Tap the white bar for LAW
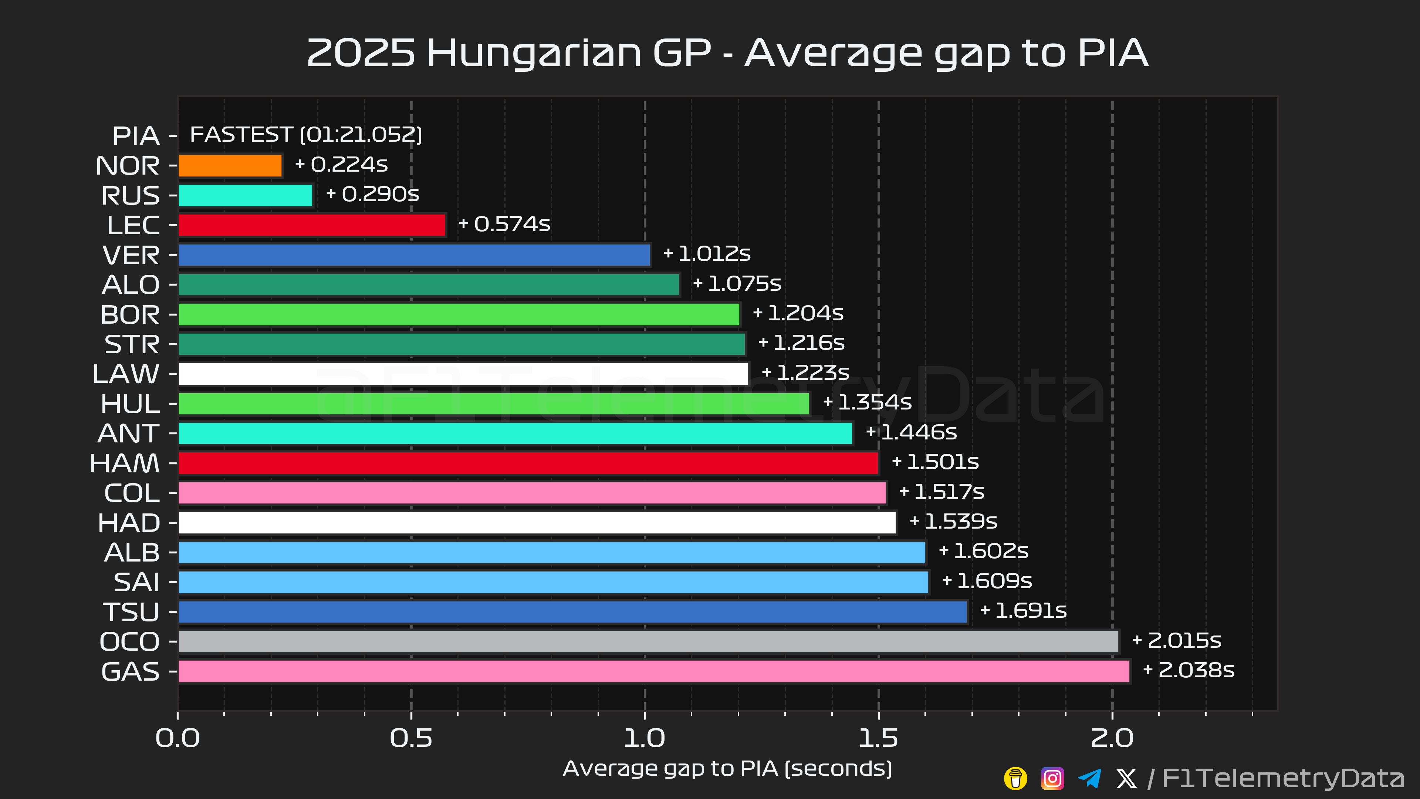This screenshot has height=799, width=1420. point(463,374)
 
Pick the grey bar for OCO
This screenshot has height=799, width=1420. point(648,641)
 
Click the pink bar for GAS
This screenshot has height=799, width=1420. point(654,671)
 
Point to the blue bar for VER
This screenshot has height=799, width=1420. point(414,255)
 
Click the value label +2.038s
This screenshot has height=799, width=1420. point(1189,670)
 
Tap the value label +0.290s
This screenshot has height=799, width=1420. point(373,194)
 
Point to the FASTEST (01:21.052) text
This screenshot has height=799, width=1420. point(306,135)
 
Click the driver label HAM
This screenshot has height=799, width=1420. point(125,463)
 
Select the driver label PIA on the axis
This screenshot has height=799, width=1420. point(136,136)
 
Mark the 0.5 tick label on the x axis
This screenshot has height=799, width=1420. point(411,738)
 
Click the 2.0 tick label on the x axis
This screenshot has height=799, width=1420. point(1112,738)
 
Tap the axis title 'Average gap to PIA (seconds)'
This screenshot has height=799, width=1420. point(727,768)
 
